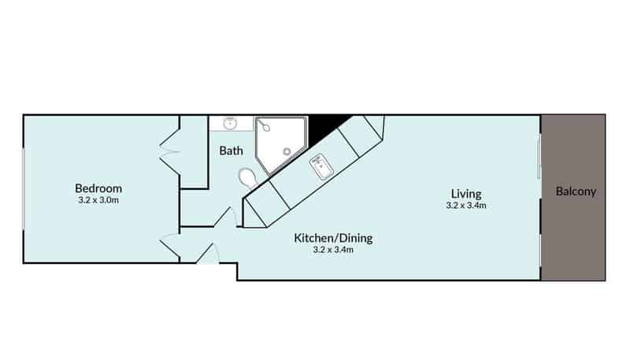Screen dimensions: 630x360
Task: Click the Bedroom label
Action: [98, 188]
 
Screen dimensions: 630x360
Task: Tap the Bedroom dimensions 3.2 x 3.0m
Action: [98, 200]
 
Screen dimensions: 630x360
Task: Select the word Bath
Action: [231, 150]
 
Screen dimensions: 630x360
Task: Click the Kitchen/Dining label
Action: [333, 238]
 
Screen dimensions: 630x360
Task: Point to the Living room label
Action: [466, 194]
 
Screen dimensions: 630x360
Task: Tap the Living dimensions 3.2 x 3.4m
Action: [466, 206]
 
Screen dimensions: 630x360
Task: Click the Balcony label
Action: [576, 191]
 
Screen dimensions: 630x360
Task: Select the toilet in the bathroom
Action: [248, 178]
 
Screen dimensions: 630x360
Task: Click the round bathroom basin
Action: [230, 123]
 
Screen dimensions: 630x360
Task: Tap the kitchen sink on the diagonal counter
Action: [321, 167]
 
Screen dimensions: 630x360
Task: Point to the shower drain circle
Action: [287, 151]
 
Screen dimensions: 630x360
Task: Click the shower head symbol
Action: [264, 126]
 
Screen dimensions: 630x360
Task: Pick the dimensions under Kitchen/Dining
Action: [333, 250]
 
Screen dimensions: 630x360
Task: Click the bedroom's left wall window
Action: [24, 189]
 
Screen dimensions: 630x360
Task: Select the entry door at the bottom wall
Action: [208, 254]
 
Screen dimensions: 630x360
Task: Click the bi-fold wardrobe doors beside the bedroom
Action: [170, 152]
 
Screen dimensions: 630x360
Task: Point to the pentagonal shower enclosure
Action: [282, 146]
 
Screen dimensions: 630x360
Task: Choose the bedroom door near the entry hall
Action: [170, 245]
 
